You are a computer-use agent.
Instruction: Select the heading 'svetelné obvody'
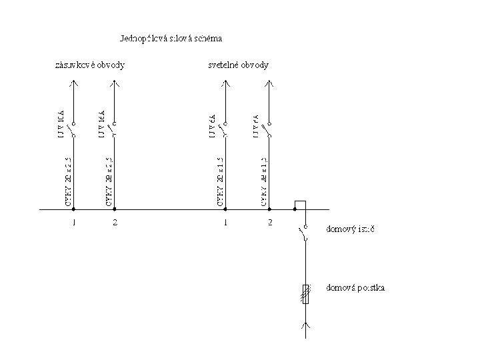[239, 65]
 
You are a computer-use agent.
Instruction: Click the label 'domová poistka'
[355, 288]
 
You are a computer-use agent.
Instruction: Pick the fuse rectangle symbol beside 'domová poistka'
[306, 294]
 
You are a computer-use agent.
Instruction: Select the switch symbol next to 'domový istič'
[305, 233]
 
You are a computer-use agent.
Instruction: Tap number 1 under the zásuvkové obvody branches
[74, 222]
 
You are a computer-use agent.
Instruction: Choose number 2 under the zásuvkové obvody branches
[115, 222]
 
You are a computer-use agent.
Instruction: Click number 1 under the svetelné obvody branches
[226, 222]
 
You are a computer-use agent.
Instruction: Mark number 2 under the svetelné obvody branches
[270, 222]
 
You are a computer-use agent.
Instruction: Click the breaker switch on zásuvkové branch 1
[74, 129]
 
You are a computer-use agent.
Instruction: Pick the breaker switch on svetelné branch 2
[269, 129]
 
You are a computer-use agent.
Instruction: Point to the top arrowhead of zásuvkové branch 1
[74, 83]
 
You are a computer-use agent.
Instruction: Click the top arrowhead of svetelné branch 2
[269, 83]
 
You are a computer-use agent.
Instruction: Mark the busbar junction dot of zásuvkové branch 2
[115, 209]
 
